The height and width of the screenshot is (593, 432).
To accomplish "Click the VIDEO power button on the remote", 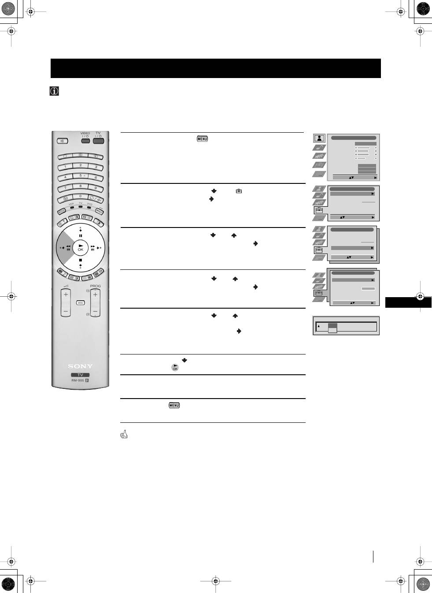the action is click(85, 141).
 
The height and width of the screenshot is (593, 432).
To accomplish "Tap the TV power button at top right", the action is click(98, 141).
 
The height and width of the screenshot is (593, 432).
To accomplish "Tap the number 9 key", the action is click(96, 188).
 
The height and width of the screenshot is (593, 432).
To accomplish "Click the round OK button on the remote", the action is click(81, 248).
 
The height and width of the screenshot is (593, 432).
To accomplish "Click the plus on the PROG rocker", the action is click(95, 295).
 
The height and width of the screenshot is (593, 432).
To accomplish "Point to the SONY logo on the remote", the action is click(80, 366).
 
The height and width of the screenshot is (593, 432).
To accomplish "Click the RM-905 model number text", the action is click(78, 380).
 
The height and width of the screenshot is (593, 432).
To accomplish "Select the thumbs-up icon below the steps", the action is click(124, 435).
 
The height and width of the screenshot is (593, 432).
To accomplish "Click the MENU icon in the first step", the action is click(202, 139).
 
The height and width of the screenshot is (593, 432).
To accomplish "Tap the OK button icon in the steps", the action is click(175, 368).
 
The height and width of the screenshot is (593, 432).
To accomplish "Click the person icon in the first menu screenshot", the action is click(319, 138).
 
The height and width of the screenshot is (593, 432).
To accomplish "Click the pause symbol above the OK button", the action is click(81, 236).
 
